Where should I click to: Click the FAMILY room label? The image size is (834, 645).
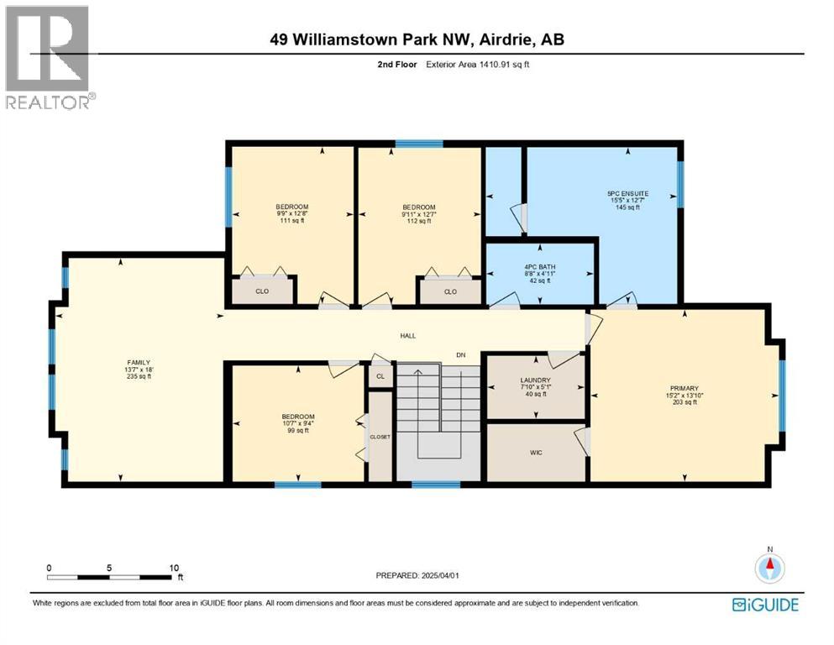[138, 362]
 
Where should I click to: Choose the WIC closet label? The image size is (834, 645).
[536, 453]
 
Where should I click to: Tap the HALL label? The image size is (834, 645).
[407, 336]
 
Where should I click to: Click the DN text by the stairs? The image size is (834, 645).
[460, 355]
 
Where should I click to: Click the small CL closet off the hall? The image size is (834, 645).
[380, 376]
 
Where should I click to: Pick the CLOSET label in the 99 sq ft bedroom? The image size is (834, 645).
[380, 437]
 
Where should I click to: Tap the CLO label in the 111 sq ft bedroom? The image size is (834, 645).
[262, 291]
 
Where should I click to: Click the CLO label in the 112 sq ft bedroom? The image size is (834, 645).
[450, 291]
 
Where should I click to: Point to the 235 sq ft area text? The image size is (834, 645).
[138, 377]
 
